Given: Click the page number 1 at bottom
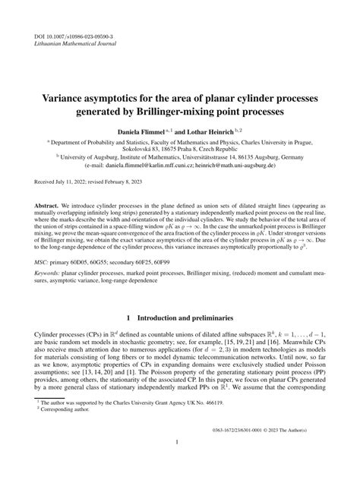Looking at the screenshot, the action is [180, 442].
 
